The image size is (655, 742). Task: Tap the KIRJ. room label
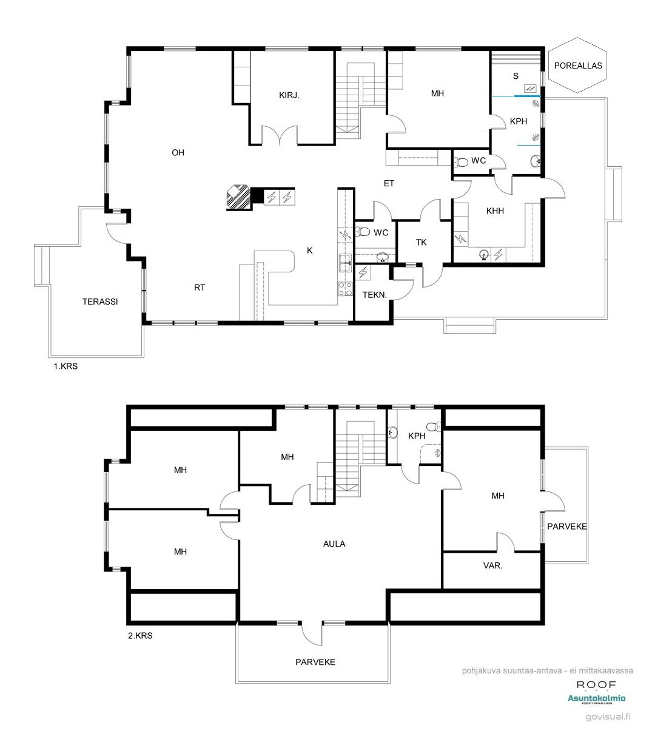289,95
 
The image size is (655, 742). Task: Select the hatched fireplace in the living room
238,197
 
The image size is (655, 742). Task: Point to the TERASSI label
100,302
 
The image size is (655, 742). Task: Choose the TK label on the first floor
421,242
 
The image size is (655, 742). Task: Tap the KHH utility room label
495,211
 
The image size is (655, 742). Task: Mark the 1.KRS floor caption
65,366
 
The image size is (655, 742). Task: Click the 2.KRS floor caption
140,636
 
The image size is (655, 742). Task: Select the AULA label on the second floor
334,544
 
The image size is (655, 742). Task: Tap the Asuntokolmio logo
597,699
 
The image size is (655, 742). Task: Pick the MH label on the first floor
437,93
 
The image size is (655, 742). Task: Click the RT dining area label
200,288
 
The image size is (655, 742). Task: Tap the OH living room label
178,153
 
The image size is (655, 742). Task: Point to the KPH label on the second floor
417,436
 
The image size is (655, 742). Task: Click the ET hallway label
389,183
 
